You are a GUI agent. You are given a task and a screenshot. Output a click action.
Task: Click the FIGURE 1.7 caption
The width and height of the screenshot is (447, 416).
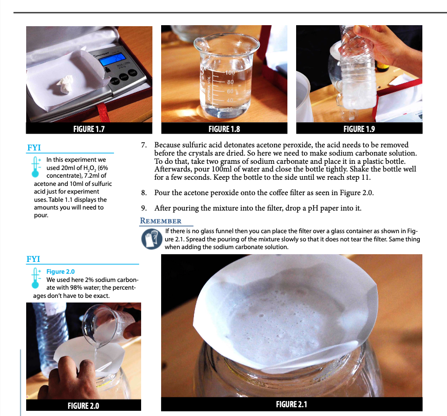tap(89, 129)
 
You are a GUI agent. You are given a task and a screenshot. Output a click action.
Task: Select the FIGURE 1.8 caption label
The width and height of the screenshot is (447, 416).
tap(224, 129)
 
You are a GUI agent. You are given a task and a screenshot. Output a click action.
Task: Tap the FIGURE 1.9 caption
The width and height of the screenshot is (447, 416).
tap(359, 129)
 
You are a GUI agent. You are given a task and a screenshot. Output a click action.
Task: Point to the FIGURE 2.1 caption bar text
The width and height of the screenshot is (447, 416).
tap(291, 404)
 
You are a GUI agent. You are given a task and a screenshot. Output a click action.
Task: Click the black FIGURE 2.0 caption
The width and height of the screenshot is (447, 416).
tap(83, 406)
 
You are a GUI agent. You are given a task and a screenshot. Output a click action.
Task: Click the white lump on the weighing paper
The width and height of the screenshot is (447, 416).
tap(65, 84)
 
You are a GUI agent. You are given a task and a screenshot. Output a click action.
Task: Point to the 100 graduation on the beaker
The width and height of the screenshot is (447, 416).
tap(230, 72)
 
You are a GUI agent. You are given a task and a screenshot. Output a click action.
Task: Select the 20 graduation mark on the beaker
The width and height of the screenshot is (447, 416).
tap(229, 109)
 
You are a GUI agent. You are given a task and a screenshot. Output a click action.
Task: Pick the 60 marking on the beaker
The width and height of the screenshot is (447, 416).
tap(230, 91)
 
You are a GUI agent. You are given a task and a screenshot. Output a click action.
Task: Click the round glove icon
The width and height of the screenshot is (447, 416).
tap(152, 239)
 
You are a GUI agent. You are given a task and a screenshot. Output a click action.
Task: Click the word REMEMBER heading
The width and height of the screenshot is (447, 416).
tap(161, 221)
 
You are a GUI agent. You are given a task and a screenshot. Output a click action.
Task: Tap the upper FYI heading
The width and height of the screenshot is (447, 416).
tap(34, 147)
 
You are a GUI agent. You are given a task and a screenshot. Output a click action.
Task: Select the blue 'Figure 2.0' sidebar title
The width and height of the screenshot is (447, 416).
tap(61, 271)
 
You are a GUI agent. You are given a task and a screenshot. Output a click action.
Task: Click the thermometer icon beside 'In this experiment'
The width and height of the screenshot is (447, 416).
tap(35, 166)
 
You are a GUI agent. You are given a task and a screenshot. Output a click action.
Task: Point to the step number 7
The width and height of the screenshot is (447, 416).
tap(144, 145)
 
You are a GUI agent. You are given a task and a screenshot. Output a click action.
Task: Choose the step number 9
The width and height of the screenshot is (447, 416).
tap(144, 208)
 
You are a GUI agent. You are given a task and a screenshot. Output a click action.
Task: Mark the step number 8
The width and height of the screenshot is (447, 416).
tap(144, 193)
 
